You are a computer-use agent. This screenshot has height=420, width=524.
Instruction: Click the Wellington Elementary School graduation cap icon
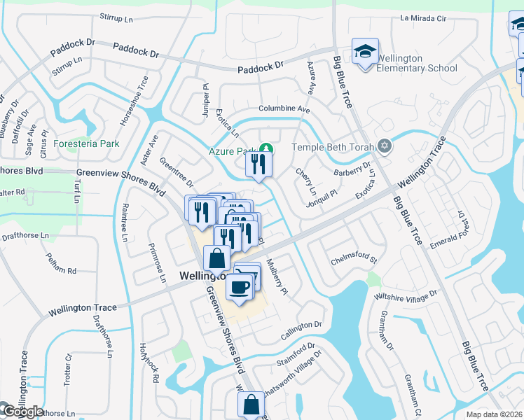pos(365,52)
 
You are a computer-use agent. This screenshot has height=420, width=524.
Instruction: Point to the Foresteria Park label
pos(86,143)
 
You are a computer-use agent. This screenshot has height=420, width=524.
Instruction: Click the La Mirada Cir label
pos(422,18)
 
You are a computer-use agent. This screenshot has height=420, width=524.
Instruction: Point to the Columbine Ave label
pos(284,109)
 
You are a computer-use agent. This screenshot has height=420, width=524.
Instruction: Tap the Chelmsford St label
pos(354,261)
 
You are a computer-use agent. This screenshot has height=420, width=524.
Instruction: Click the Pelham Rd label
pos(62,269)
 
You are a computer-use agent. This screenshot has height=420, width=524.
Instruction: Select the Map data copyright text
pos(493,414)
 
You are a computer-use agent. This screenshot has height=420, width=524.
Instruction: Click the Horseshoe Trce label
pos(134,101)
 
